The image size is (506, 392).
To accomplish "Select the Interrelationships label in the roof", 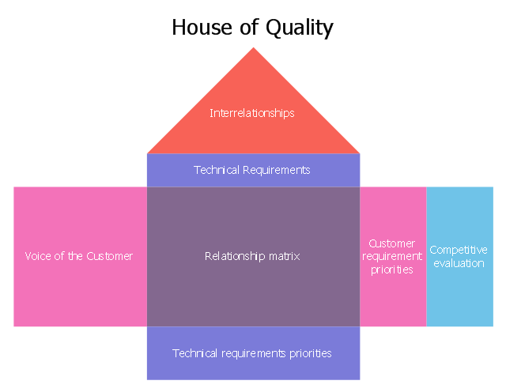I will click(x=252, y=113).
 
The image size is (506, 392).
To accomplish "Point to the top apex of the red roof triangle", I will click(x=253, y=49).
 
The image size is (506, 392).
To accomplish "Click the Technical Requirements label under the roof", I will click(x=252, y=170).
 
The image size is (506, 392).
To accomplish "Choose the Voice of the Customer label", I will click(x=79, y=256).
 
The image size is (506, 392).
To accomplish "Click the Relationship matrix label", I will click(x=252, y=256).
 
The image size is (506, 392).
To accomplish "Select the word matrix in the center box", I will click(x=285, y=256).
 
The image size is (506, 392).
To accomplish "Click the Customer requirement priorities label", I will click(x=392, y=257).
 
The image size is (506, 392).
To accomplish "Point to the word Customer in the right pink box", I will click(x=392, y=243).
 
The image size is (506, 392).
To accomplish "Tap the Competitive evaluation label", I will click(x=459, y=257).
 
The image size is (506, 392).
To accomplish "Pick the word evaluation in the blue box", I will click(x=459, y=263).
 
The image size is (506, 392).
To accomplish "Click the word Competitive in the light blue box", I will click(x=459, y=250).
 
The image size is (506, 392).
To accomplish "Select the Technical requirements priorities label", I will click(x=252, y=353).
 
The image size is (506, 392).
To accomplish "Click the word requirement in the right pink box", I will click(x=392, y=257).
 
